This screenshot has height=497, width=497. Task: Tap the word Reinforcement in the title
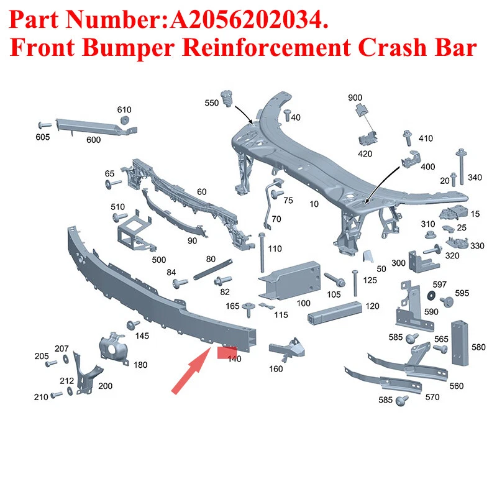click(266, 48)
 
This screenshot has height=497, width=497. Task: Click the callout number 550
click(211, 103)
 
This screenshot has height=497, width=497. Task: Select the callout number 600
click(94, 140)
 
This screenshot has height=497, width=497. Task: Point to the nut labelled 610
click(125, 121)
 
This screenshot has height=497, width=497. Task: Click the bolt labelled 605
click(45, 125)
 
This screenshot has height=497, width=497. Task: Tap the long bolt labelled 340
click(461, 166)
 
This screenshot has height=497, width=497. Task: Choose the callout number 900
click(355, 98)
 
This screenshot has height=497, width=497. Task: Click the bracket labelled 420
click(368, 138)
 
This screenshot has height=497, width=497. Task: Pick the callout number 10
click(314, 204)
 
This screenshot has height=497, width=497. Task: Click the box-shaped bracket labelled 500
click(135, 230)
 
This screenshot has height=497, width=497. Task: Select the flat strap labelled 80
click(213, 270)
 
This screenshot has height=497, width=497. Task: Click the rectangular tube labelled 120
click(334, 312)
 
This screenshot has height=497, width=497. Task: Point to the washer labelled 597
click(431, 296)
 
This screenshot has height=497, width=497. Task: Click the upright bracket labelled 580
click(460, 344)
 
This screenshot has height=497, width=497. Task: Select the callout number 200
click(105, 386)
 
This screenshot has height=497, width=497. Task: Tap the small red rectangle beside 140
click(227, 353)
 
